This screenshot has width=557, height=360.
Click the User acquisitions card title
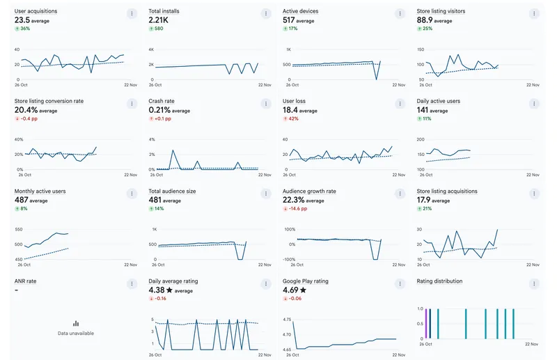click(36, 12)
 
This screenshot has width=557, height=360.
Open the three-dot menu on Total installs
click(265, 14)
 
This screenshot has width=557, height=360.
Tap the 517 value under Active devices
click(290, 21)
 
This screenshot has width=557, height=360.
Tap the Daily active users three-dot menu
click(533, 104)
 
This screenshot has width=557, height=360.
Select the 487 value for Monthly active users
click(22, 200)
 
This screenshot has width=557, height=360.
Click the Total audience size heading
click(172, 191)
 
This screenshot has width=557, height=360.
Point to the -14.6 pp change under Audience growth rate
click(296, 208)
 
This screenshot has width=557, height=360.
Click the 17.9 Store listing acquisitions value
click(425, 200)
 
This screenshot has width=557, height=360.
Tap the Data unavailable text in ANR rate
click(76, 334)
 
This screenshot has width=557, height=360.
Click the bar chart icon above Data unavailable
click(76, 324)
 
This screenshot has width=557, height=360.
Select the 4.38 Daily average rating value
click(157, 290)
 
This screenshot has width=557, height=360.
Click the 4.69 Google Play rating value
click(290, 290)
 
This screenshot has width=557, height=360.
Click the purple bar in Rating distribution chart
click(425, 323)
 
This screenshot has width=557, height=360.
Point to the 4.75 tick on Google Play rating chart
click(287, 319)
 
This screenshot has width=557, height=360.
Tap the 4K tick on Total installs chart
click(151, 49)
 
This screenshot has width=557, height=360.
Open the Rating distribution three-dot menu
click(533, 283)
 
